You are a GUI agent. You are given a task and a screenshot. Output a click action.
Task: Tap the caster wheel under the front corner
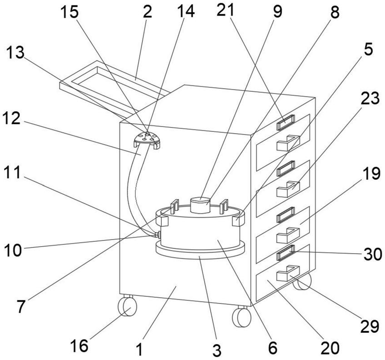click(241, 316)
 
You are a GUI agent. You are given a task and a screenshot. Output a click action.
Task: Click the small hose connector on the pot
click(157, 235)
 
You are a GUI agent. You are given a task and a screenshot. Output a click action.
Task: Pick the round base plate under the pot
click(200, 250)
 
